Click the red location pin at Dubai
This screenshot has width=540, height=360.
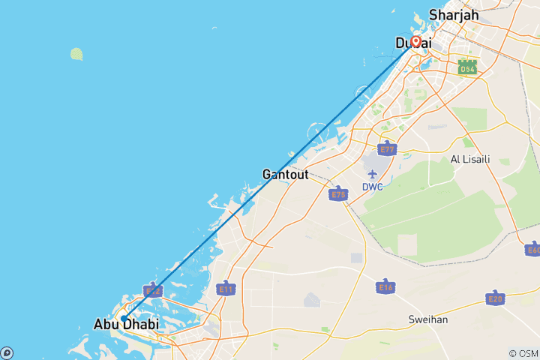[415, 42]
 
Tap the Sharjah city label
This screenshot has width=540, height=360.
[453, 14]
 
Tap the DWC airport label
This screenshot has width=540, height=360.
[373, 187]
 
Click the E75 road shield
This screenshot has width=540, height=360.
[338, 194]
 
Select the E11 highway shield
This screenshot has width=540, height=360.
[224, 288]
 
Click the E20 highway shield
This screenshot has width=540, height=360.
[495, 299]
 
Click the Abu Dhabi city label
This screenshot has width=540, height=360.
[126, 325]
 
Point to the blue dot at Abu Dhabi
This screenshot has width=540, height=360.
[124, 318]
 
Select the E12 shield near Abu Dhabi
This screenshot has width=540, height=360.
[152, 290]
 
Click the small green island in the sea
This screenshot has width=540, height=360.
[76, 54]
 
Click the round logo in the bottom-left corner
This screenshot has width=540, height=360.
[7, 352]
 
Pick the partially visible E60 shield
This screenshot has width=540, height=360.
[533, 250]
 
